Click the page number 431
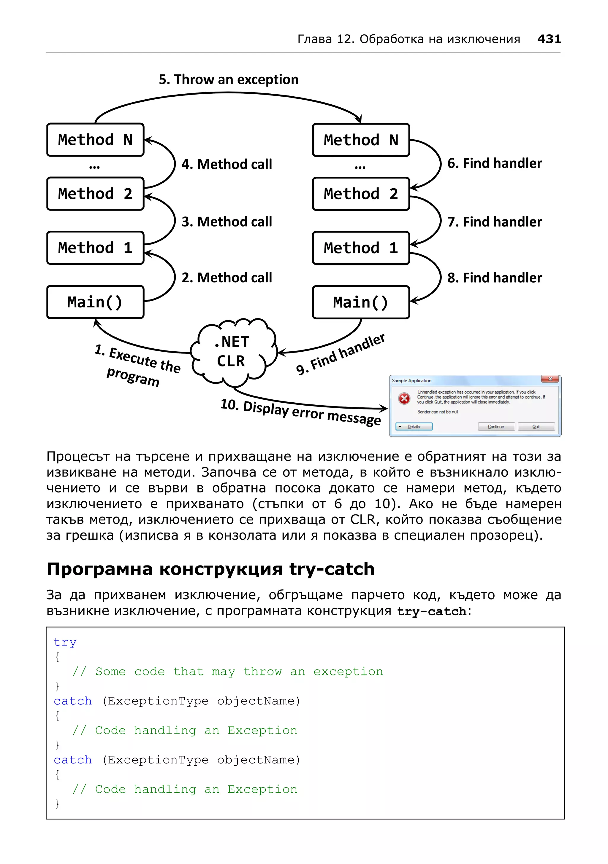549,39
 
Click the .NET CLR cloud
232,352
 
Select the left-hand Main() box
95,302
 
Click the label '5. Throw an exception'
228,80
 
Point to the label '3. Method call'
227,222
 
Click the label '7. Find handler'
494,222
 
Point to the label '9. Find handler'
340,355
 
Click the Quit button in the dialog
536,426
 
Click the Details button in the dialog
414,426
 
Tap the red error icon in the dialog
404,398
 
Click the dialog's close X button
550,379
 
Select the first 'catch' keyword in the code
73,701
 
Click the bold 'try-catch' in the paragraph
432,611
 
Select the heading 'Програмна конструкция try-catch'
210,569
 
